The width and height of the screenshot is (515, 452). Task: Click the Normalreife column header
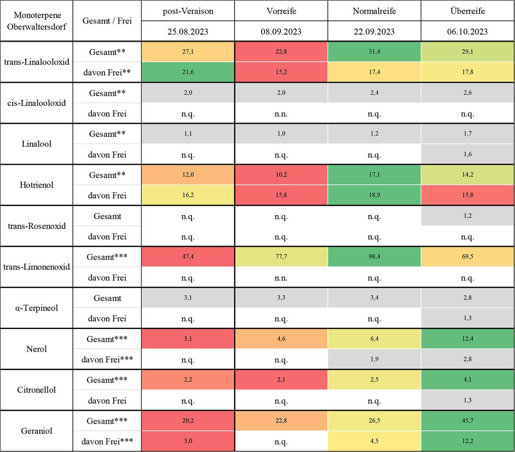(374, 11)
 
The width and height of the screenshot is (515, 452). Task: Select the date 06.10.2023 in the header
(468, 32)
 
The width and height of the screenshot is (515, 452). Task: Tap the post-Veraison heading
(188, 11)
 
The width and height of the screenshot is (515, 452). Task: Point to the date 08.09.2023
(281, 32)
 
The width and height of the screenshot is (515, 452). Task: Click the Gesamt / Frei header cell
(107, 21)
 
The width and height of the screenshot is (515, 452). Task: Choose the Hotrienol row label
(37, 185)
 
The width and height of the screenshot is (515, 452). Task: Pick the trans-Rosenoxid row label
(37, 226)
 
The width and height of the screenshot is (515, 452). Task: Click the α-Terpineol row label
(37, 308)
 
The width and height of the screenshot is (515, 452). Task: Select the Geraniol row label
(37, 431)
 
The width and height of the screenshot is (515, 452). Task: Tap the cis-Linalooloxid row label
(37, 103)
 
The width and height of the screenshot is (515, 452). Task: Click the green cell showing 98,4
(374, 257)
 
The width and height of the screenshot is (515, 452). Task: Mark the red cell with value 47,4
(188, 257)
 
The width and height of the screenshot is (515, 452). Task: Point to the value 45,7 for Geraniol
(468, 421)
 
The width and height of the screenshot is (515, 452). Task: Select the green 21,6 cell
(188, 72)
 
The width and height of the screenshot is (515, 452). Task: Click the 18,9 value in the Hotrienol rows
(374, 195)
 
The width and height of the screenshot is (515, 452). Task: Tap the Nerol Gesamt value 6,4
(374, 339)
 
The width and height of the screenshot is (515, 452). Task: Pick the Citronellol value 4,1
(468, 380)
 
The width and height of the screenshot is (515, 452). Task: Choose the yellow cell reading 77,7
(281, 257)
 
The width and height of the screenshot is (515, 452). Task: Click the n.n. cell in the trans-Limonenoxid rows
(281, 278)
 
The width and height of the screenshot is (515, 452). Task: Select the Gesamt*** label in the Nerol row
(107, 339)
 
